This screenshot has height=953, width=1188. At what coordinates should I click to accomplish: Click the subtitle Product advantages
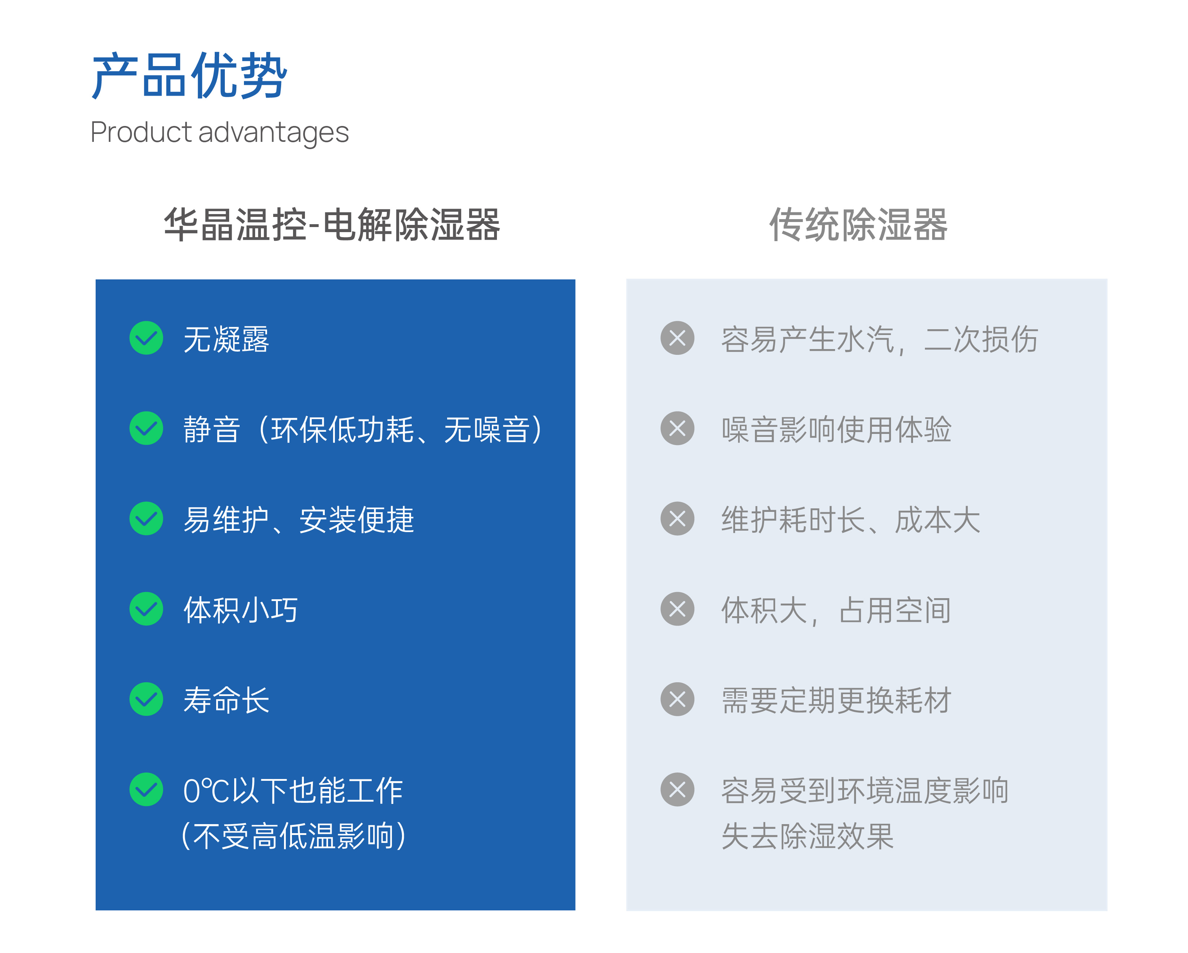point(219,133)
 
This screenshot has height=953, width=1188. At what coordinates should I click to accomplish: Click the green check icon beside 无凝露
point(146,338)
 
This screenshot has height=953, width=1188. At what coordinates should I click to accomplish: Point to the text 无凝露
point(227,339)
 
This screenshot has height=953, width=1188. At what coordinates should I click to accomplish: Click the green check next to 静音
point(146,428)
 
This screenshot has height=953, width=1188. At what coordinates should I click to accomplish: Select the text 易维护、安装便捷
point(299,520)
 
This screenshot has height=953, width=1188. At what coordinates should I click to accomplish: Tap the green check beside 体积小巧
point(146,609)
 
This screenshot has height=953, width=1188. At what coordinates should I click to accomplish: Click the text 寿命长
point(227,700)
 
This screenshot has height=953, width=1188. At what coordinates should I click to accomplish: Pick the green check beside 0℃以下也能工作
point(146,790)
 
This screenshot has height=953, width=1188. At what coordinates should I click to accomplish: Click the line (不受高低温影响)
point(294,836)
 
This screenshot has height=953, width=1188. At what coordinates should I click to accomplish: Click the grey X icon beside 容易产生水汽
point(677,338)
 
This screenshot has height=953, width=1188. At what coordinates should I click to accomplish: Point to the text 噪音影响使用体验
point(837,429)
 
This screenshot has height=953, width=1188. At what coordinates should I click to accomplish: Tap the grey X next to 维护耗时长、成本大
point(677,519)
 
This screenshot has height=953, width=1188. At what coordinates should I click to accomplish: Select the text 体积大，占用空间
point(837,610)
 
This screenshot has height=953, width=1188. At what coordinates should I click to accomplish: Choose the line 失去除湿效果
point(808,836)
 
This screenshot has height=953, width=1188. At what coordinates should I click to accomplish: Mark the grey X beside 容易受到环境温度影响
point(677,790)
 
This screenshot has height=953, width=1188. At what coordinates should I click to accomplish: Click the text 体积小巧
point(241,610)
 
